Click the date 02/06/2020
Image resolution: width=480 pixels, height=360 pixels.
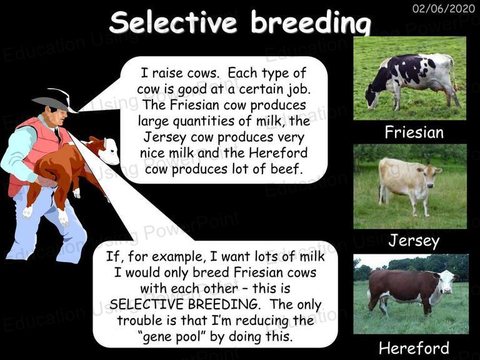(444, 8)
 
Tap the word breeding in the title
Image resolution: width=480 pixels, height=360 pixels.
(311, 24)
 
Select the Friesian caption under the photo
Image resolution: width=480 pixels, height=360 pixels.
(414, 132)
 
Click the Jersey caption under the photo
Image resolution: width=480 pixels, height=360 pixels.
(414, 241)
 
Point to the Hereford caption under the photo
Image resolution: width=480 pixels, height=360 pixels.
(414, 348)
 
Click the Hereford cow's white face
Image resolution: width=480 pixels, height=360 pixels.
(447, 282)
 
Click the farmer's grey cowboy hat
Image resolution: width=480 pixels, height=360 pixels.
(54, 101)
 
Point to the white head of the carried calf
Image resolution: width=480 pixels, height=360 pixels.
(109, 151)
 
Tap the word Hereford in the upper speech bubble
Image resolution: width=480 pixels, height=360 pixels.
(278, 152)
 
